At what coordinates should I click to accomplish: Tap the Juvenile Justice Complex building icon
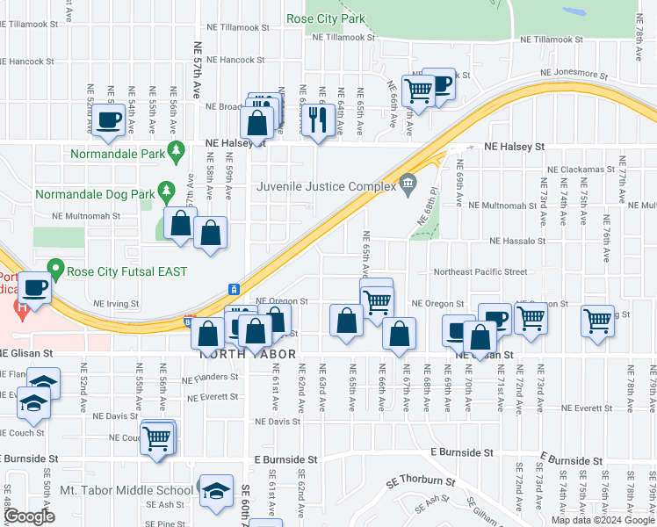(407, 184)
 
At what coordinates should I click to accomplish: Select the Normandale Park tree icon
(176, 150)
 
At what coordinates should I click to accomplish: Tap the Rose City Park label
(326, 18)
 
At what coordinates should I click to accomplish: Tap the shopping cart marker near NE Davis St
(157, 437)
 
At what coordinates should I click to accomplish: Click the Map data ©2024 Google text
(602, 520)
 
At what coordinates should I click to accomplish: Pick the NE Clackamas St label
(578, 169)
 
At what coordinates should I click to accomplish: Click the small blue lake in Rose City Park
(576, 14)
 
